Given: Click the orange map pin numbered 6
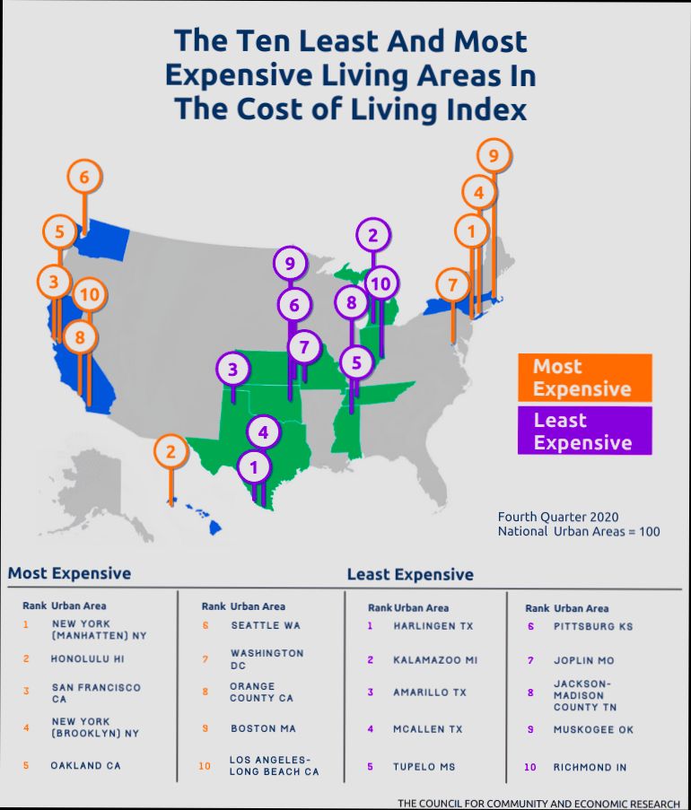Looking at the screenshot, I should pyautogui.click(x=83, y=177).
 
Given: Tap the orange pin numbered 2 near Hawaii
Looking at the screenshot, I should pyautogui.click(x=171, y=451).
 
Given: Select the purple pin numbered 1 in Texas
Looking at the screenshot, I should pyautogui.click(x=254, y=466).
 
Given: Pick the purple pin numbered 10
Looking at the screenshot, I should pyautogui.click(x=380, y=283).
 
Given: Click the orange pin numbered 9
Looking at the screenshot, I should pyautogui.click(x=493, y=156).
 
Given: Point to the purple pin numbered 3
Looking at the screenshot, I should pyautogui.click(x=232, y=369).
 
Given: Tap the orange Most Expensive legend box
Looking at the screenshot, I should pyautogui.click(x=584, y=378).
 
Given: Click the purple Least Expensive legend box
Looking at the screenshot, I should pyautogui.click(x=584, y=431).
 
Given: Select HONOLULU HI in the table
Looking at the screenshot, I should pyautogui.click(x=85, y=658).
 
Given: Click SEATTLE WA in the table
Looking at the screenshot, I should pyautogui.click(x=266, y=625).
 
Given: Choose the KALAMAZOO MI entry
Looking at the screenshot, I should pyautogui.click(x=435, y=659).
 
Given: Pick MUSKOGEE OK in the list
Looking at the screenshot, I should pyautogui.click(x=593, y=729).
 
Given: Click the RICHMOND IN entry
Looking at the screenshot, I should pyautogui.click(x=590, y=767).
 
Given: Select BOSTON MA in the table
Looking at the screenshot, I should pyautogui.click(x=263, y=728).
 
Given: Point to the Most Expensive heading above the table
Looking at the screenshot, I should pyautogui.click(x=69, y=573).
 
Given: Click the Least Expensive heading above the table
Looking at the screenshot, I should pyautogui.click(x=410, y=574).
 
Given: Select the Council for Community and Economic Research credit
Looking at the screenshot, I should pyautogui.click(x=538, y=803).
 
